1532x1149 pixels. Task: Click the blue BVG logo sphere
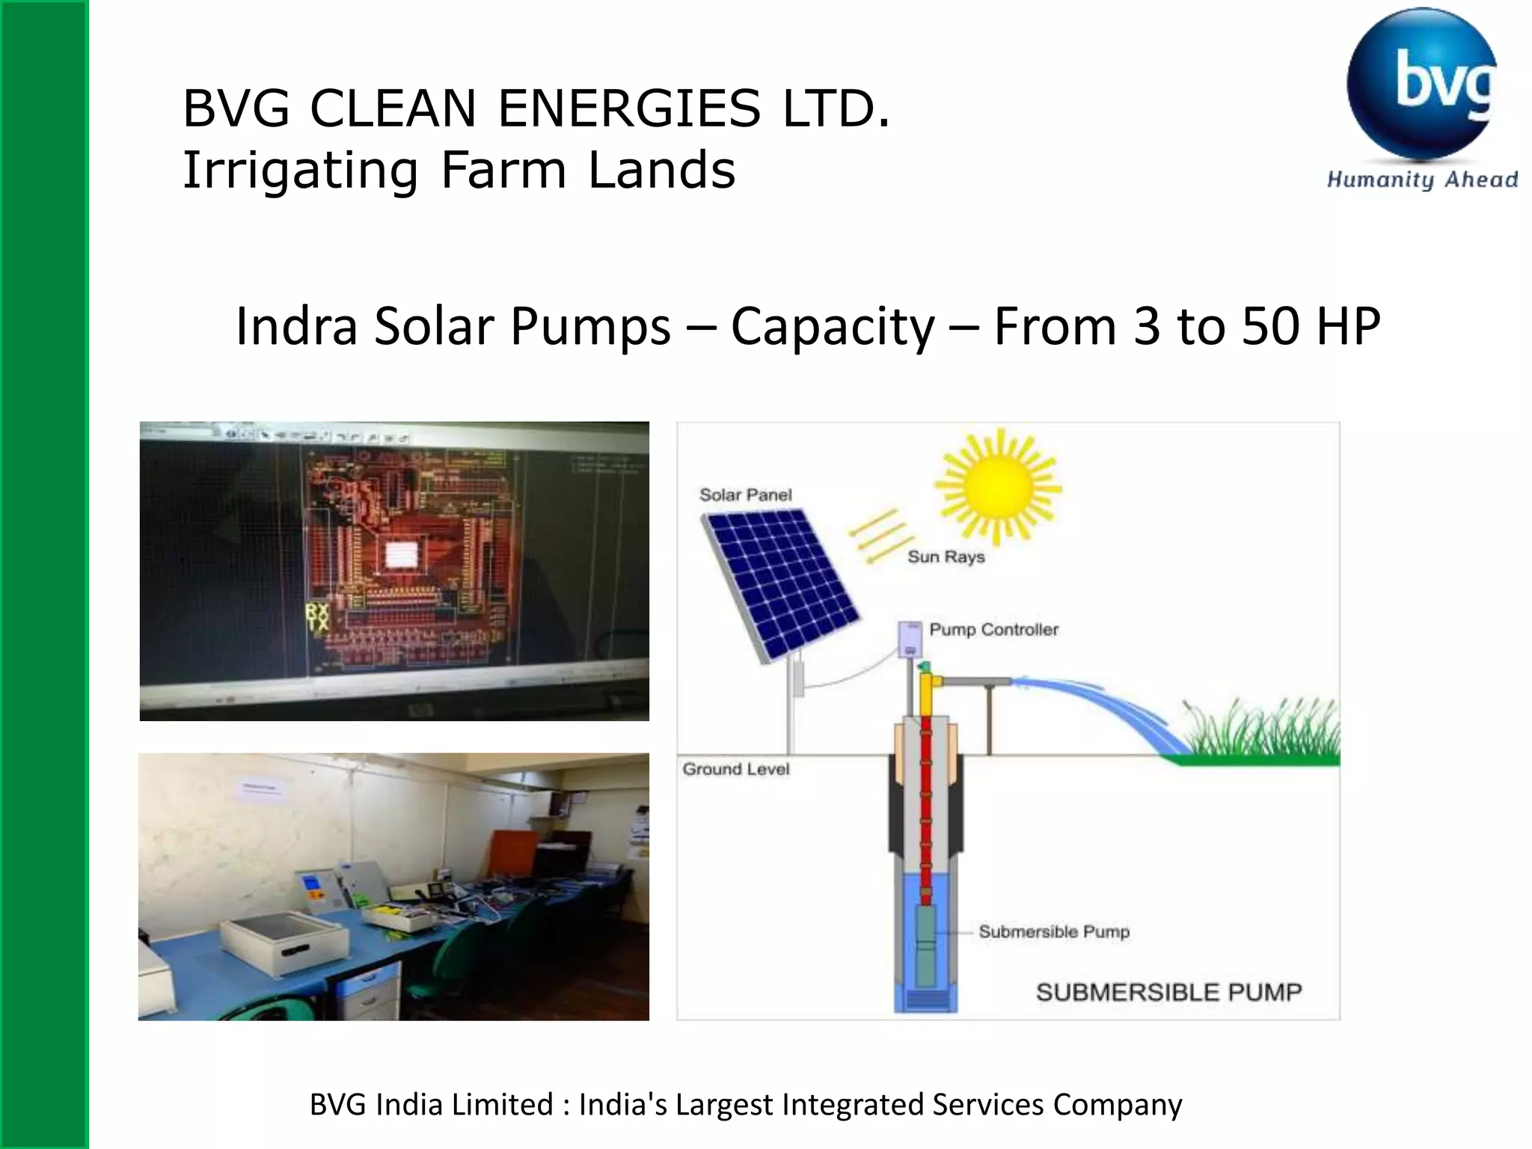1421,84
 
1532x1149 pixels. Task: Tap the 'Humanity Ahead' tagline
1422,180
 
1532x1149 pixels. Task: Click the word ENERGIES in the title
629,108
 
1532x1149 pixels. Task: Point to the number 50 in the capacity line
1271,326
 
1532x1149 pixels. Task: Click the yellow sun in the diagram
999,486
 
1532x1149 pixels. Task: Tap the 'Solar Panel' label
745,494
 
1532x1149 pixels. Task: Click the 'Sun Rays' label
946,557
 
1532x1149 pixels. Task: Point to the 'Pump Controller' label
993,629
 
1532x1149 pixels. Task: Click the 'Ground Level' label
735,769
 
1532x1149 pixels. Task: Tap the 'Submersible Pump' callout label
1053,931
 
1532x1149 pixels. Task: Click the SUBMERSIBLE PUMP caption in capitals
1168,992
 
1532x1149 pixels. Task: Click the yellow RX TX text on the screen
317,618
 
